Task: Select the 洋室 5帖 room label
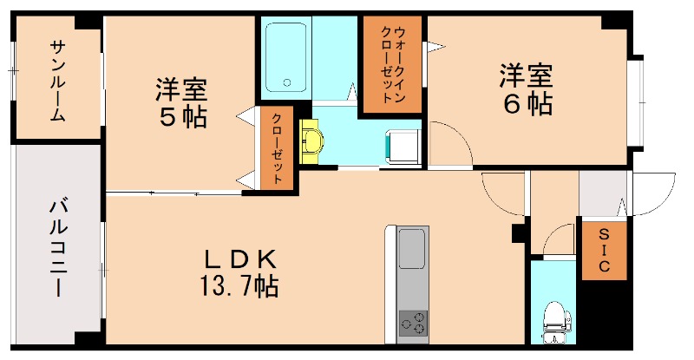pyautogui.click(x=181, y=102)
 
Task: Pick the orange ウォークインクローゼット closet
pyautogui.click(x=391, y=64)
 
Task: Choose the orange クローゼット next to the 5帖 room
pyautogui.click(x=277, y=147)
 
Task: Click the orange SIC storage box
pyautogui.click(x=602, y=252)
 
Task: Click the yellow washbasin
pyautogui.click(x=311, y=139)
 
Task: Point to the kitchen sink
pyautogui.click(x=411, y=249)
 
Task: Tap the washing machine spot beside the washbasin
pyautogui.click(x=402, y=143)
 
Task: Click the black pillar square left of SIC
pyautogui.click(x=519, y=233)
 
